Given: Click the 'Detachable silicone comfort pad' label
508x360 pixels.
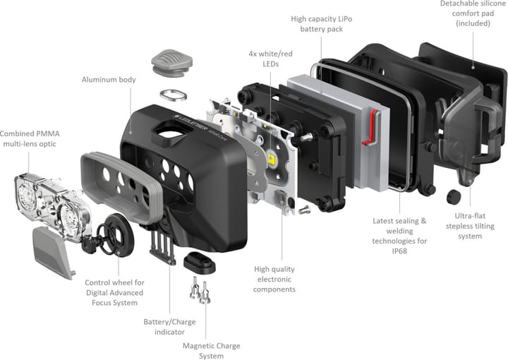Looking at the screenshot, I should coord(473,13).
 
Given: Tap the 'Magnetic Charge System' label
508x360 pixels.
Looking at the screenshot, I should coord(211,351).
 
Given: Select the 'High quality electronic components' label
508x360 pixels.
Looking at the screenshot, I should coord(274,279).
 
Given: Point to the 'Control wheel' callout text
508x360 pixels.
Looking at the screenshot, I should coord(114,293).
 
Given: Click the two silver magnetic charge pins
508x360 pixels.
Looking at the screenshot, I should coord(198,289).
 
